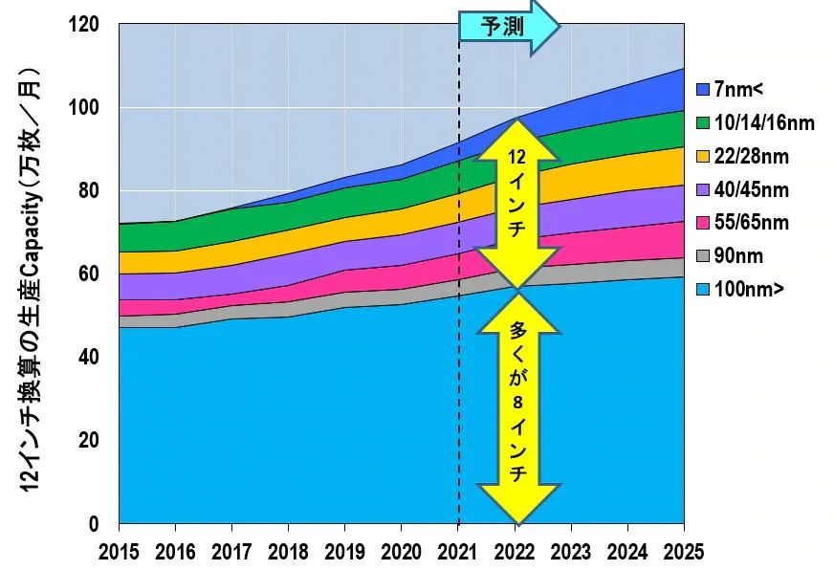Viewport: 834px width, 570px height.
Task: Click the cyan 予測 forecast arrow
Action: (509, 26)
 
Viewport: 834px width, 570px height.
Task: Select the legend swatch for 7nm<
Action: (703, 89)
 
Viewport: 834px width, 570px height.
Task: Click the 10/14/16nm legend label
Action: (764, 122)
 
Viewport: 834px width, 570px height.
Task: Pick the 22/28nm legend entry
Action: (743, 156)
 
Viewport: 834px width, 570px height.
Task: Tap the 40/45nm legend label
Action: (751, 189)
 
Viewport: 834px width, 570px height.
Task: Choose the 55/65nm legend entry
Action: (743, 223)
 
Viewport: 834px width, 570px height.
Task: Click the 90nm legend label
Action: (738, 256)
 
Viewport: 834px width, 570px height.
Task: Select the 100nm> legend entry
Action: (740, 290)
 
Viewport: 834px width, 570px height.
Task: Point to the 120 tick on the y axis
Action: (84, 24)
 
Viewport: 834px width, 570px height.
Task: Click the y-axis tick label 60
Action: (88, 274)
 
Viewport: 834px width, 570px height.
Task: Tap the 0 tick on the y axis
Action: (94, 524)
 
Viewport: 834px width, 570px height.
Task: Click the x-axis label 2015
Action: (119, 552)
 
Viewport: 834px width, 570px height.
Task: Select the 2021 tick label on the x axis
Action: (457, 552)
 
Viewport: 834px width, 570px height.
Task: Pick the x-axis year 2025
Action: (684, 552)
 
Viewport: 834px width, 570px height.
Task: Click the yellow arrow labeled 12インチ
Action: (517, 204)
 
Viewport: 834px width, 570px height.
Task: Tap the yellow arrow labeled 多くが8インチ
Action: (517, 408)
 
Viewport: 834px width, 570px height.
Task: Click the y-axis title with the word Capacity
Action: (31, 279)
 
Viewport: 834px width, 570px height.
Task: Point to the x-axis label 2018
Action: (288, 552)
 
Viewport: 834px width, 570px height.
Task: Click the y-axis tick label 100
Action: (84, 107)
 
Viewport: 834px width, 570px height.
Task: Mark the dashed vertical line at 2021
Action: (458, 274)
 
